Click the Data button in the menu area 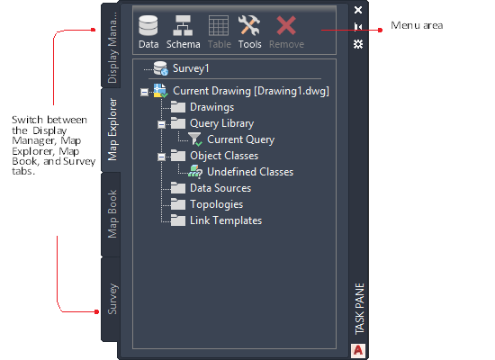point(148,31)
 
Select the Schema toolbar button point(183,31)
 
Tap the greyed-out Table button point(219,31)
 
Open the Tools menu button point(249,31)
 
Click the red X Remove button point(286,31)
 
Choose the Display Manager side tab point(112,45)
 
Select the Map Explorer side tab point(112,130)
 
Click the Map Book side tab point(112,214)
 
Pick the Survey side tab point(112,299)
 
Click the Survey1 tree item point(181,68)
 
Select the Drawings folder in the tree point(202,107)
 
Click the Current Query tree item point(231,139)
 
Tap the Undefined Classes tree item point(241,172)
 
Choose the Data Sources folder point(211,188)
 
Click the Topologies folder point(207,204)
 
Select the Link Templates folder point(216,220)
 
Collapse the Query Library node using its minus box point(161,124)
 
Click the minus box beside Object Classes point(161,157)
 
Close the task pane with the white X point(358,10)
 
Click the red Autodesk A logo point(358,350)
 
